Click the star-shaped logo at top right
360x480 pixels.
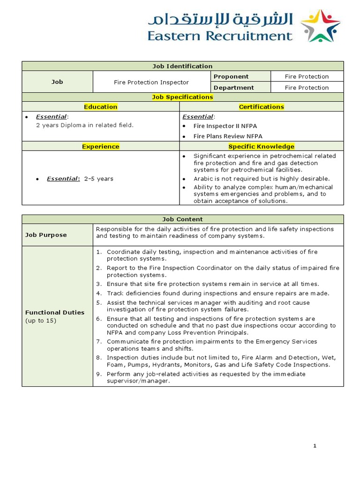[x=320, y=26]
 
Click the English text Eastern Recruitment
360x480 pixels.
[x=219, y=36]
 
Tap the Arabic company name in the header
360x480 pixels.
[x=220, y=19]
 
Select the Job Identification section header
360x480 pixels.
[x=182, y=66]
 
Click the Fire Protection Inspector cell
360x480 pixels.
[x=151, y=82]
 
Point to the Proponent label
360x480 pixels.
[x=231, y=76]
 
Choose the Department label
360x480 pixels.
[x=233, y=88]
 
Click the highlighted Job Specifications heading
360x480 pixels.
[x=182, y=97]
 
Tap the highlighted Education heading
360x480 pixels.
[x=100, y=107]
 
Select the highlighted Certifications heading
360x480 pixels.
[x=261, y=107]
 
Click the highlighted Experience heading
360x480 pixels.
[x=100, y=146]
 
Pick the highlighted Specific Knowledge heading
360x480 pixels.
[x=261, y=146]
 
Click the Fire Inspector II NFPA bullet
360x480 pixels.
[x=225, y=126]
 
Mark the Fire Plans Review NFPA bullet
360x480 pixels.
[x=228, y=136]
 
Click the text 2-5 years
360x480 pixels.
[x=98, y=179]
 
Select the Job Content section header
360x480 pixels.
[x=182, y=219]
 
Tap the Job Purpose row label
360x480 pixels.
[x=46, y=235]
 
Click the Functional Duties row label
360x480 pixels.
[x=55, y=312]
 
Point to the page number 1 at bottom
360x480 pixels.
[x=315, y=446]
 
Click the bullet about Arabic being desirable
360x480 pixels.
[x=262, y=179]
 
